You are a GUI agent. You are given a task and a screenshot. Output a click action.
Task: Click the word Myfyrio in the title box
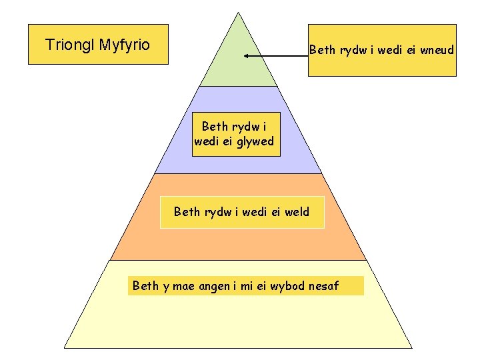(124, 45)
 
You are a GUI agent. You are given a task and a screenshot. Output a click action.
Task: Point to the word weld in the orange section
(296, 212)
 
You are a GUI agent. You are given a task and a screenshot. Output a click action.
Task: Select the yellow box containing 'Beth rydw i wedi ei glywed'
(236, 133)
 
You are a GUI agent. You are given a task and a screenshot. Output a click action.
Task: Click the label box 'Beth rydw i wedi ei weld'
(242, 212)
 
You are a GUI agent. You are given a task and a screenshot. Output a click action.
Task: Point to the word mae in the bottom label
(183, 286)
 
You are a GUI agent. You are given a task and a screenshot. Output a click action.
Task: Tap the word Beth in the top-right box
(321, 50)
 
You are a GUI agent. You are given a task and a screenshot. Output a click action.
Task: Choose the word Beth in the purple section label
(215, 126)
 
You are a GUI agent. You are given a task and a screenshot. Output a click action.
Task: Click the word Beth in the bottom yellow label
(145, 286)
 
